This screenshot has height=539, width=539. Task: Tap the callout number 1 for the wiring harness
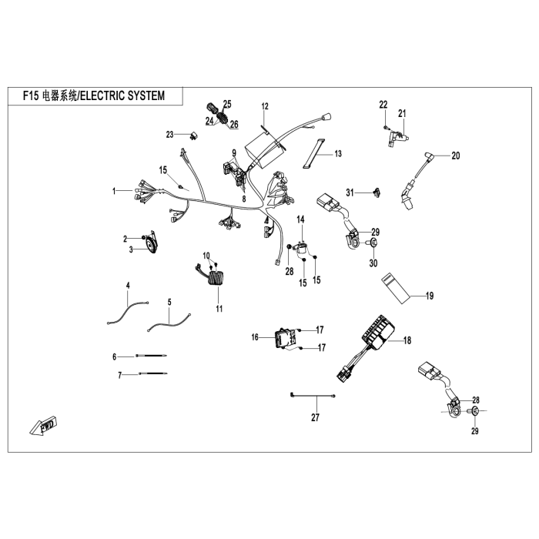click(x=113, y=190)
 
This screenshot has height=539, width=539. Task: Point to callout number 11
click(x=219, y=309)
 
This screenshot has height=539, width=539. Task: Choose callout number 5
click(x=169, y=301)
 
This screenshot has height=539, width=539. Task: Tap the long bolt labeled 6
click(x=150, y=356)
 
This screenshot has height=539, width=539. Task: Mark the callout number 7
click(x=119, y=375)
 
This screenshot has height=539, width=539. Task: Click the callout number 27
click(x=314, y=418)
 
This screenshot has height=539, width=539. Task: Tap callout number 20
click(x=455, y=156)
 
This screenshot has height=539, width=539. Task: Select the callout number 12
click(x=265, y=106)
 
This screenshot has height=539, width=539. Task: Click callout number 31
click(x=349, y=192)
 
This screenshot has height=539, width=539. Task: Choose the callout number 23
click(x=171, y=135)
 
